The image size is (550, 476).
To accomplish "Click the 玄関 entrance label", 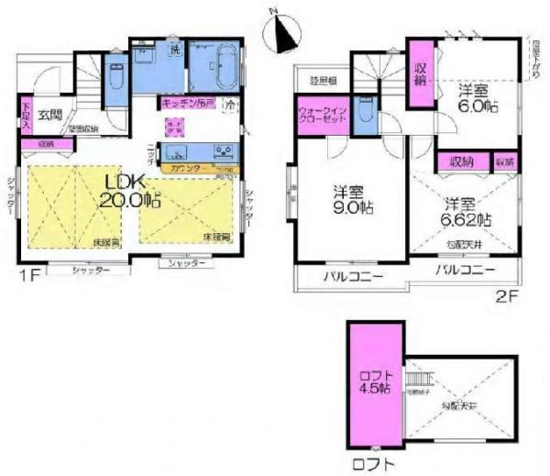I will click(x=49, y=116).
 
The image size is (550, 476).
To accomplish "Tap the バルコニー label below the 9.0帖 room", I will click(x=351, y=277).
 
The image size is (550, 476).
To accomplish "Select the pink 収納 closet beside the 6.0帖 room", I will click(x=421, y=72).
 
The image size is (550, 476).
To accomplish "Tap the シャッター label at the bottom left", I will click(x=90, y=271).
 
